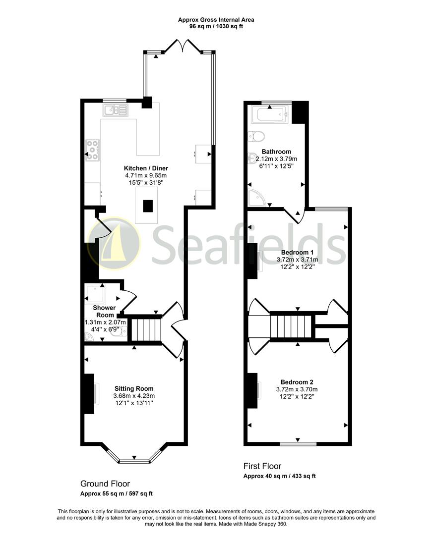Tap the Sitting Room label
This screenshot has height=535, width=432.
coord(134,388)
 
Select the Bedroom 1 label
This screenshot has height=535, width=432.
coord(297,252)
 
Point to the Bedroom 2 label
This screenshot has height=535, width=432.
coord(297,382)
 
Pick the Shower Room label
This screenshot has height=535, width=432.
coord(104,311)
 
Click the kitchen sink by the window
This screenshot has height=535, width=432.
coord(115,109)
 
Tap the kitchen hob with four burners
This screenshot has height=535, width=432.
coord(92,150)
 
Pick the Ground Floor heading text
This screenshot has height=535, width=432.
coord(105,483)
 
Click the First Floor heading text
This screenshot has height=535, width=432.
coord(262,466)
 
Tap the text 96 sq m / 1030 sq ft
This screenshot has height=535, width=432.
coord(216,26)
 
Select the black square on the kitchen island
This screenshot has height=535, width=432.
coord(148,206)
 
